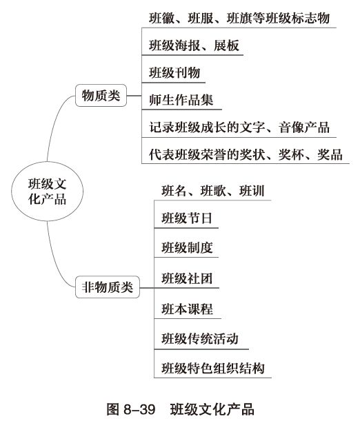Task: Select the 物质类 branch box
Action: [101, 96]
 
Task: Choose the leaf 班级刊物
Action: [175, 72]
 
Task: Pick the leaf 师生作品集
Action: [181, 99]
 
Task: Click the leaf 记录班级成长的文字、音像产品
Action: [239, 127]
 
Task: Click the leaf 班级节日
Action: [186, 220]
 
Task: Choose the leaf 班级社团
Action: [186, 278]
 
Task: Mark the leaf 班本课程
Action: [186, 308]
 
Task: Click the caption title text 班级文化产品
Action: [213, 409]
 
